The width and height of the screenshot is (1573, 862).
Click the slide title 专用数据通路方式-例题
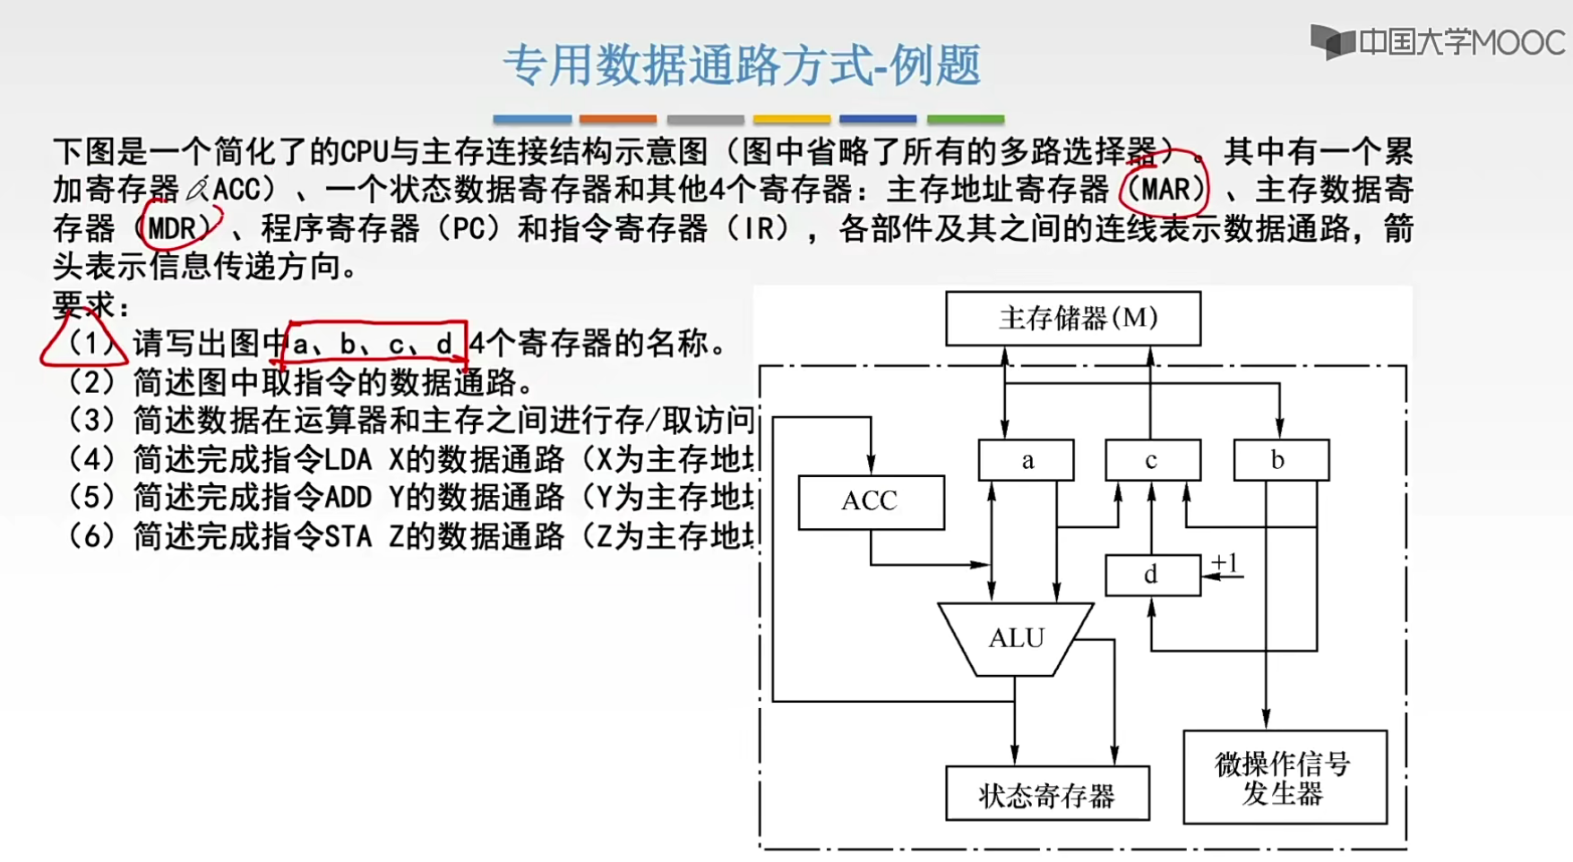(742, 66)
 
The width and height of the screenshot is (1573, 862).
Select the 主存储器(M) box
(1073, 318)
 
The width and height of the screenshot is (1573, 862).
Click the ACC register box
(871, 501)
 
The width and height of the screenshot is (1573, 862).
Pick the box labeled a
(1027, 460)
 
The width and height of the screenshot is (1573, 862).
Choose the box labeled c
(1152, 460)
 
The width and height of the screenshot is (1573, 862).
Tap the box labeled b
(1280, 460)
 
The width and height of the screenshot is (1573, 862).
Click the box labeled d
(1152, 575)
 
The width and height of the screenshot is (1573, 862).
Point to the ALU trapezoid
(1016, 638)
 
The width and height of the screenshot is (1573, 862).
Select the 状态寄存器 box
(1047, 794)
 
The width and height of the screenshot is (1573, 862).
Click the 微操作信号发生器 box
(1285, 778)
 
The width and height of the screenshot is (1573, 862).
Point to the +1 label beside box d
(1225, 563)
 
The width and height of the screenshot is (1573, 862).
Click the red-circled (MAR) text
(1165, 190)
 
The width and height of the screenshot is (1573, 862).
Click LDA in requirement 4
(348, 459)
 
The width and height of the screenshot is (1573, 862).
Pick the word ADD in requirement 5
(348, 498)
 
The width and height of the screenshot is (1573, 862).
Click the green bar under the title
(965, 119)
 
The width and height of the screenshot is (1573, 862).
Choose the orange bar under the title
(617, 119)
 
